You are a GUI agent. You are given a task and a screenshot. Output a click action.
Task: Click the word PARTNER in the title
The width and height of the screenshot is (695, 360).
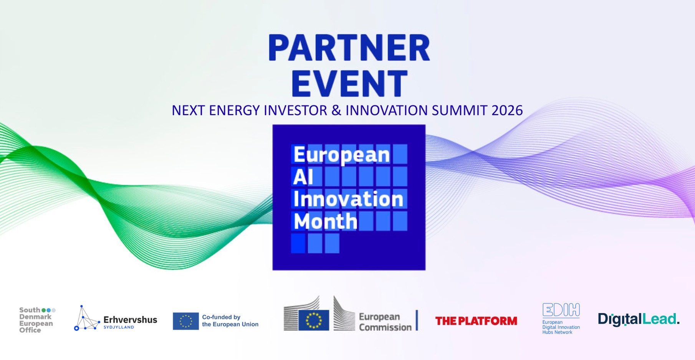pos(349,48)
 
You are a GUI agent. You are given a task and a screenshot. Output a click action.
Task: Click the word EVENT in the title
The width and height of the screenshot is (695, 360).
pos(349,83)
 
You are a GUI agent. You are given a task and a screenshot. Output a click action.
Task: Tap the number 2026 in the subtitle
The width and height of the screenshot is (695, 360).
pos(507,111)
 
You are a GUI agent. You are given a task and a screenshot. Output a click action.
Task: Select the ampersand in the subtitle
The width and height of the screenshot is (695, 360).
pos(336,111)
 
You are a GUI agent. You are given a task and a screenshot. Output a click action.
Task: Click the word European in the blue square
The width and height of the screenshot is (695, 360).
pos(341,155)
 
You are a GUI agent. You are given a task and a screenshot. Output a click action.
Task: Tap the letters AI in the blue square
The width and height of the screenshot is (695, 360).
pos(303,177)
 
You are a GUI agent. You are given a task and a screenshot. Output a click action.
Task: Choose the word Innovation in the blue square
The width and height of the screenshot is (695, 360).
pos(348,199)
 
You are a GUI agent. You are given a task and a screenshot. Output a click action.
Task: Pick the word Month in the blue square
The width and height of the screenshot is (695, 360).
pos(326,221)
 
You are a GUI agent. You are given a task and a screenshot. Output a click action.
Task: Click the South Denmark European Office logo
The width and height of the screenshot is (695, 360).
pos(37,320)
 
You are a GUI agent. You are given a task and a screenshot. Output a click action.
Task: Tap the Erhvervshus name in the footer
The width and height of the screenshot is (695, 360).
pos(130,320)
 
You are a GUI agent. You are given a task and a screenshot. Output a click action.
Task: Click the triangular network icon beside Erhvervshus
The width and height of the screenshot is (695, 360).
pos(87,318)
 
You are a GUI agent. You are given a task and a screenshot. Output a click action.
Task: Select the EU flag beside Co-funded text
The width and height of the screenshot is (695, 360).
pos(186,321)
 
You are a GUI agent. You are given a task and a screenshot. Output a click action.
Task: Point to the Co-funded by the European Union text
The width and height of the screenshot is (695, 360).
pos(230,321)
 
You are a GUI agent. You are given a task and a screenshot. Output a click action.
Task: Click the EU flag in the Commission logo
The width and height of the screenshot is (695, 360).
pos(314,320)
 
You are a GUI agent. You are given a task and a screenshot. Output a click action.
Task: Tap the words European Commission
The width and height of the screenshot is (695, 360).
pos(385,322)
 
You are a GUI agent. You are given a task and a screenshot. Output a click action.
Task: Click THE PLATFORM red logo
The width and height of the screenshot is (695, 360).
pos(476,321)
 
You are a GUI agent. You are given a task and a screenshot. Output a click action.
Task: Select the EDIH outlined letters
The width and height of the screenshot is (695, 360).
pos(561,310)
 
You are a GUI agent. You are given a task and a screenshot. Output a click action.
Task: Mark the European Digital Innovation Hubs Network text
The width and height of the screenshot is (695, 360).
pos(561,327)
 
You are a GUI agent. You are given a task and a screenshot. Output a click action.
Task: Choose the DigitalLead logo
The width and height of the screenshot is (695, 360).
pos(639,319)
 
